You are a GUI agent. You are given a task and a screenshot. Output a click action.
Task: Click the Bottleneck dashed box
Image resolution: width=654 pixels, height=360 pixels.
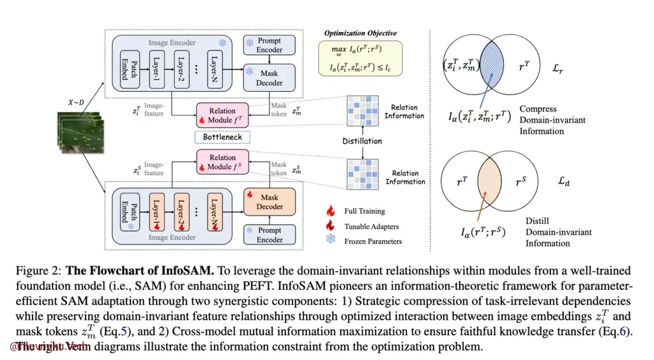(222, 137)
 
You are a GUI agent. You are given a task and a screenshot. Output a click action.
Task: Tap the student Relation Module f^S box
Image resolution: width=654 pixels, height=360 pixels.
(222, 162)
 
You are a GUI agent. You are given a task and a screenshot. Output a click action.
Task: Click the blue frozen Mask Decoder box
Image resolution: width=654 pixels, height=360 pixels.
(270, 78)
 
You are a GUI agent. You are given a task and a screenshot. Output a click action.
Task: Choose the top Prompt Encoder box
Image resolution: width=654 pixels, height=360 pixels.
(270, 45)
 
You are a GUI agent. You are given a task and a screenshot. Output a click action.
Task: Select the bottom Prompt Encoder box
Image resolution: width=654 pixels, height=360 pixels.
(270, 235)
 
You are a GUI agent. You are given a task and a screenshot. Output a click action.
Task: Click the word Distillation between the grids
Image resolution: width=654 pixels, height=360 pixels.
(363, 141)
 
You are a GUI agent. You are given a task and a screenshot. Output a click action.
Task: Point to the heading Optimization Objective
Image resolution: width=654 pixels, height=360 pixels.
(360, 33)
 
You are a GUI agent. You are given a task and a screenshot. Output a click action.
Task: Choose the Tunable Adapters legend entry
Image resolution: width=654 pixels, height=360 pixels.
(371, 226)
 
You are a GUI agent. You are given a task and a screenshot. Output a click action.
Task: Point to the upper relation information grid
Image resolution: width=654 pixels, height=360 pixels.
(362, 110)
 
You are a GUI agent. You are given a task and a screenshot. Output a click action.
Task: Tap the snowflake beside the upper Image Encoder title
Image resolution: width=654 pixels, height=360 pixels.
(222, 43)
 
